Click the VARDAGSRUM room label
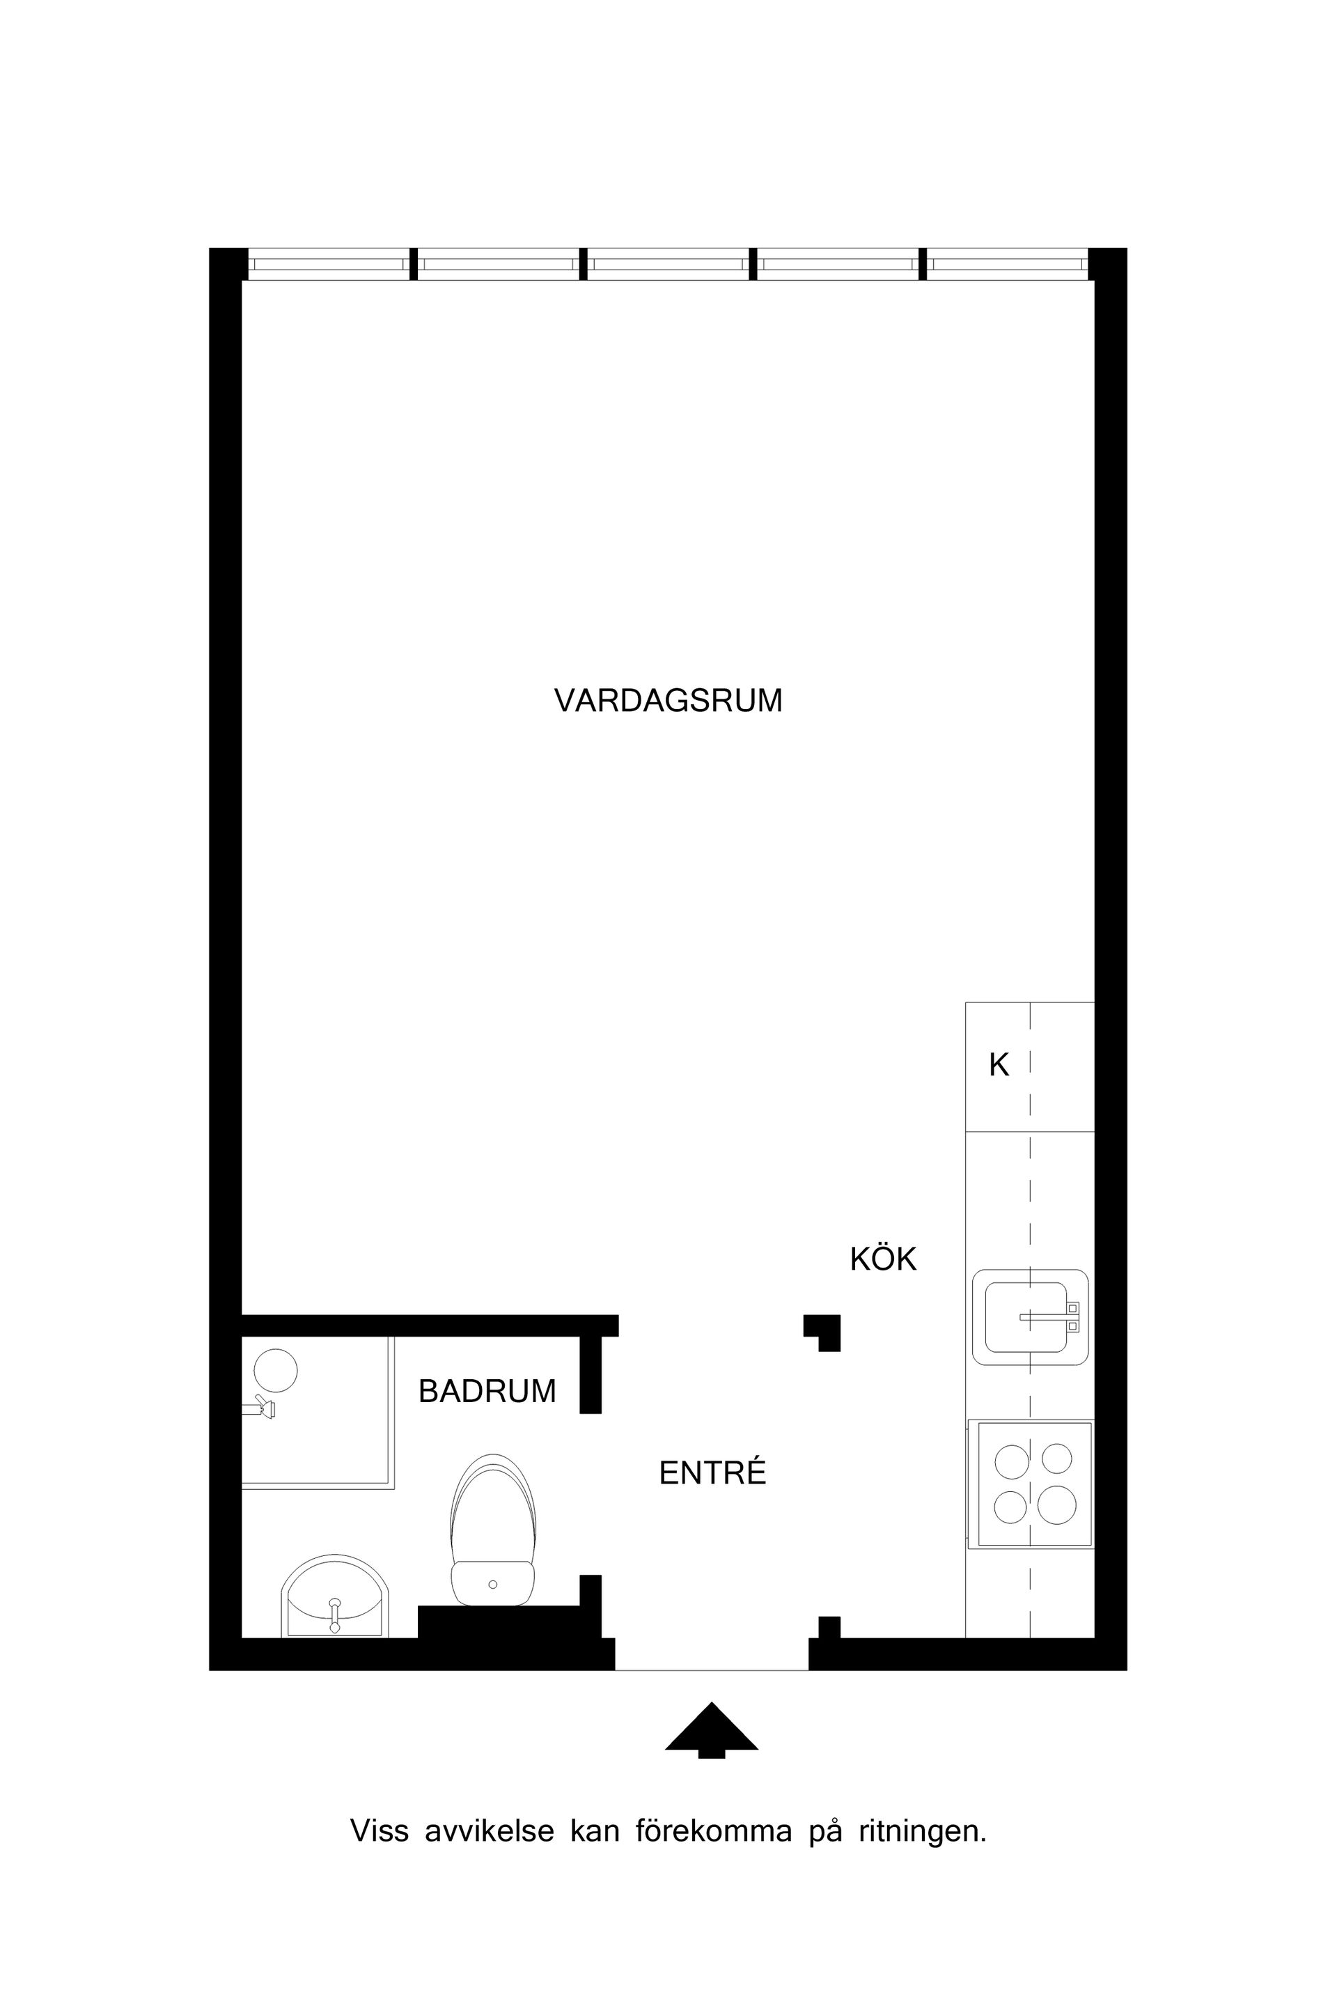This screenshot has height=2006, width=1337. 668,700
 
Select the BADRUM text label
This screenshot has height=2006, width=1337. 487,1392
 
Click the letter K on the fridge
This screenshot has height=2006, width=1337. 999,1065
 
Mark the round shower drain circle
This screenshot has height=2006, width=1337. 276,1371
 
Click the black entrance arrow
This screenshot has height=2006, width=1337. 711,1727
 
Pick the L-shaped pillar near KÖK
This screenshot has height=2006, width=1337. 824,1330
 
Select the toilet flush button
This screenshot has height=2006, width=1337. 493,1585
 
